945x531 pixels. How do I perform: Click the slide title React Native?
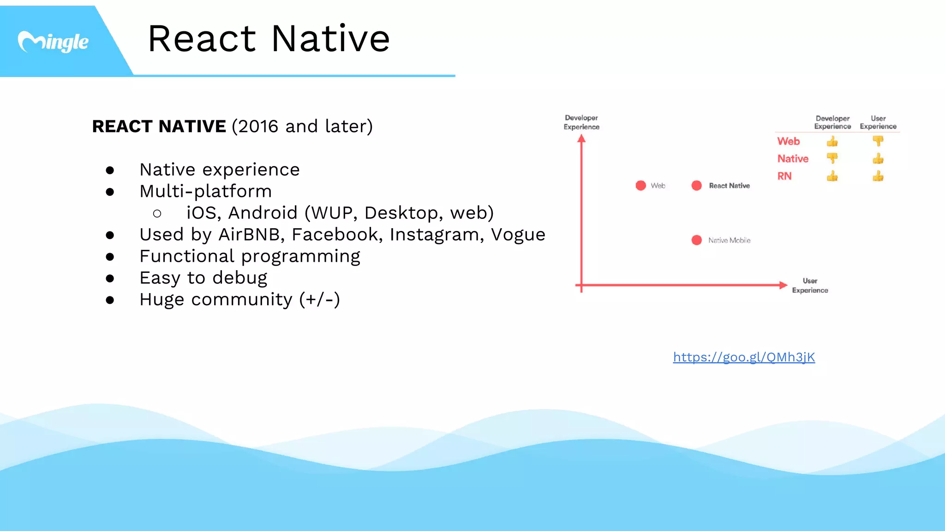269,39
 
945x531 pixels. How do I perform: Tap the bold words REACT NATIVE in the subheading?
159,126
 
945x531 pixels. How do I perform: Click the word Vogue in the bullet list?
518,235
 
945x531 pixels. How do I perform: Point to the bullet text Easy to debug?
203,278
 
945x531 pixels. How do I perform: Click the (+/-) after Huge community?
319,300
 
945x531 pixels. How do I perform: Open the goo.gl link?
744,357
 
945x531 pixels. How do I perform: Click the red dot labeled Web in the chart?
640,185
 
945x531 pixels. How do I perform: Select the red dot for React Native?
696,185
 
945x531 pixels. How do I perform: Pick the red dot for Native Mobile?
696,240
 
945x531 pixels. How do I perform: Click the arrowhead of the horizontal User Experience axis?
783,285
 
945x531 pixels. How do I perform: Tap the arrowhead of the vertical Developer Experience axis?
581,138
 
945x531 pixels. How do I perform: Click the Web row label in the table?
788,141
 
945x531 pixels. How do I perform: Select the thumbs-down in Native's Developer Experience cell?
832,158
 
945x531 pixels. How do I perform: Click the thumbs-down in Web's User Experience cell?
878,141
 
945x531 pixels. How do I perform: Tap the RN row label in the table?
784,176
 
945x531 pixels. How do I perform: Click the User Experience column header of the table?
878,122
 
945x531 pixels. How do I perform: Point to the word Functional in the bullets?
186,256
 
